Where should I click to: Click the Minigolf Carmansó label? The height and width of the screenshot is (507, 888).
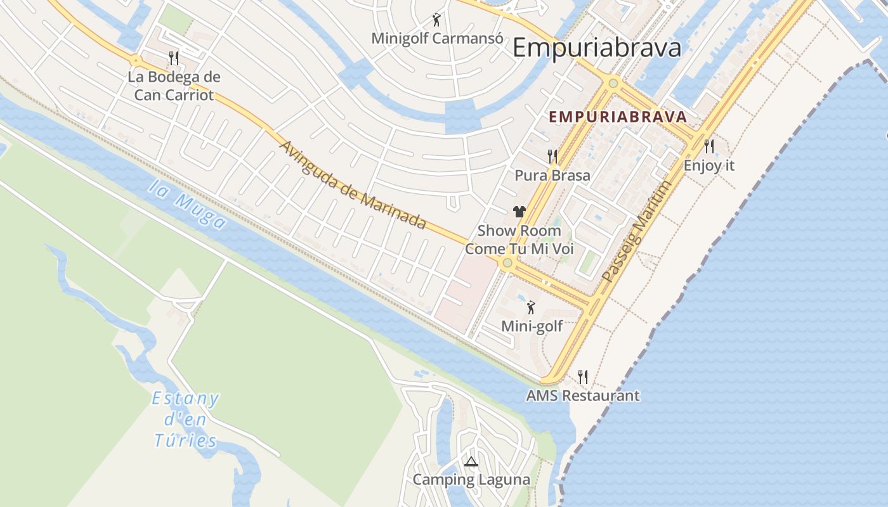pos(438,38)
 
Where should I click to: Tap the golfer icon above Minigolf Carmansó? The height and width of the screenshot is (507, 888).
pos(436,19)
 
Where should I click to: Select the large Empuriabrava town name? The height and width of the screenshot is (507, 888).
pos(597,48)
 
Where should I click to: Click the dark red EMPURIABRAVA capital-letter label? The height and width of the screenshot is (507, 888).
pos(618,117)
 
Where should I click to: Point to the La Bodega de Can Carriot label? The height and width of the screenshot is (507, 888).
pos(174,86)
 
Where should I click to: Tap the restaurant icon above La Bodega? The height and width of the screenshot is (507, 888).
pos(174,58)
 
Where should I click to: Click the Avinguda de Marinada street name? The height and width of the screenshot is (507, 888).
pos(352,184)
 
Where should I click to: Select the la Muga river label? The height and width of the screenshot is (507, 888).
pos(188,204)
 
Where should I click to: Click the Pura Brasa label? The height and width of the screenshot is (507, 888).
pos(552,176)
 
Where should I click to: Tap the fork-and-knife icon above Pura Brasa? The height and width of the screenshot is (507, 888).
pos(552,157)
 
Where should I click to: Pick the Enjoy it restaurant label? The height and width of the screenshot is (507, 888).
pos(709,165)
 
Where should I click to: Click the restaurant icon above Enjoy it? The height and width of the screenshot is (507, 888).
pos(709,146)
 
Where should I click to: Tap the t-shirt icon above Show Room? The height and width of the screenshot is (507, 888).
pos(519,212)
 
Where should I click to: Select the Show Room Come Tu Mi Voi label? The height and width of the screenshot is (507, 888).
pos(519,240)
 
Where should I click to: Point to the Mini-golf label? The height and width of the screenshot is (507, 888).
pos(532,326)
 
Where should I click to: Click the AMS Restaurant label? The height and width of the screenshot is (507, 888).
pos(583,396)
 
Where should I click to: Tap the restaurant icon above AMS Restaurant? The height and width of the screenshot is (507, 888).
pos(583,377)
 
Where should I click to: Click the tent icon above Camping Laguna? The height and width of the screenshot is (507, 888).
pos(471,461)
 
